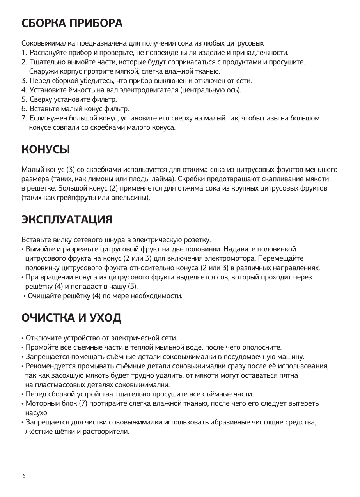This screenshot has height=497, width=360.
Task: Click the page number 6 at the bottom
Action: click(x=24, y=476)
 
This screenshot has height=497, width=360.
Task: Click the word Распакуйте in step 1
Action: click(x=47, y=53)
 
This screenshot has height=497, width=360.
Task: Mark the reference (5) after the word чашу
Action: click(x=132, y=287)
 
